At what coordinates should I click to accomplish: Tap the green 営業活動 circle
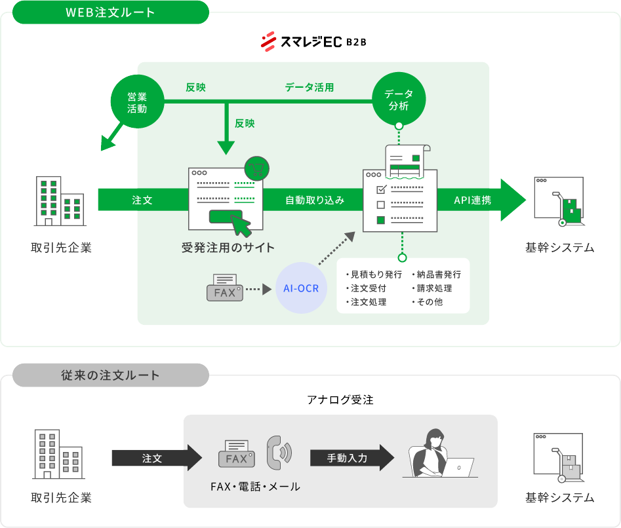point(136,102)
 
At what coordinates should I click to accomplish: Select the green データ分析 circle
point(399,100)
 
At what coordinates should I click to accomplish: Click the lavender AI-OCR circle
point(301,288)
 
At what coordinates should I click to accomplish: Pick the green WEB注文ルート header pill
point(110,12)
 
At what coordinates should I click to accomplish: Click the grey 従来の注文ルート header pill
point(110,375)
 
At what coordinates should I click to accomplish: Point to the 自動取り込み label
point(314,200)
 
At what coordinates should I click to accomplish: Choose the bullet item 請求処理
point(434,288)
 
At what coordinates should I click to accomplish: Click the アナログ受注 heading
point(340,400)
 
